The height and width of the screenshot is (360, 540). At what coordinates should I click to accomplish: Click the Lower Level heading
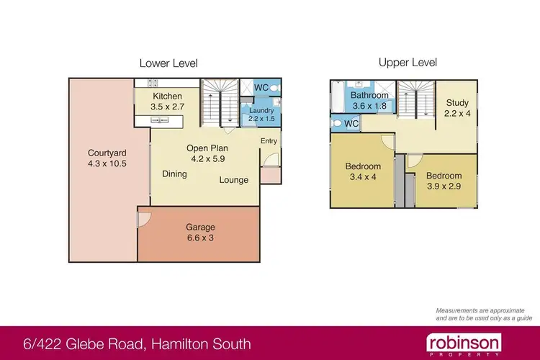[168, 63]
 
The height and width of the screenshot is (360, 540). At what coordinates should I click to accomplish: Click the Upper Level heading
[407, 63]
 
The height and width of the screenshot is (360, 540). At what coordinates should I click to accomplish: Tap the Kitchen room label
[168, 96]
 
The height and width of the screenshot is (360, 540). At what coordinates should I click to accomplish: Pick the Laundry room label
[261, 110]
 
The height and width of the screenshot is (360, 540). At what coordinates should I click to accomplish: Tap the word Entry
[269, 141]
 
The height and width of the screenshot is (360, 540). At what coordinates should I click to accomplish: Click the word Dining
[174, 174]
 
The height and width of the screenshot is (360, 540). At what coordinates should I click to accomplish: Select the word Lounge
[234, 180]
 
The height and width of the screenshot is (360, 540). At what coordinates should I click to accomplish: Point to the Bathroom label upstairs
[369, 95]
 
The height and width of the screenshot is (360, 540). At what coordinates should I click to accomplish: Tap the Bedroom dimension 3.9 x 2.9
[444, 186]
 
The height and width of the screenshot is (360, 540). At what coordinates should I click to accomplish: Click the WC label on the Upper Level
[351, 124]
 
